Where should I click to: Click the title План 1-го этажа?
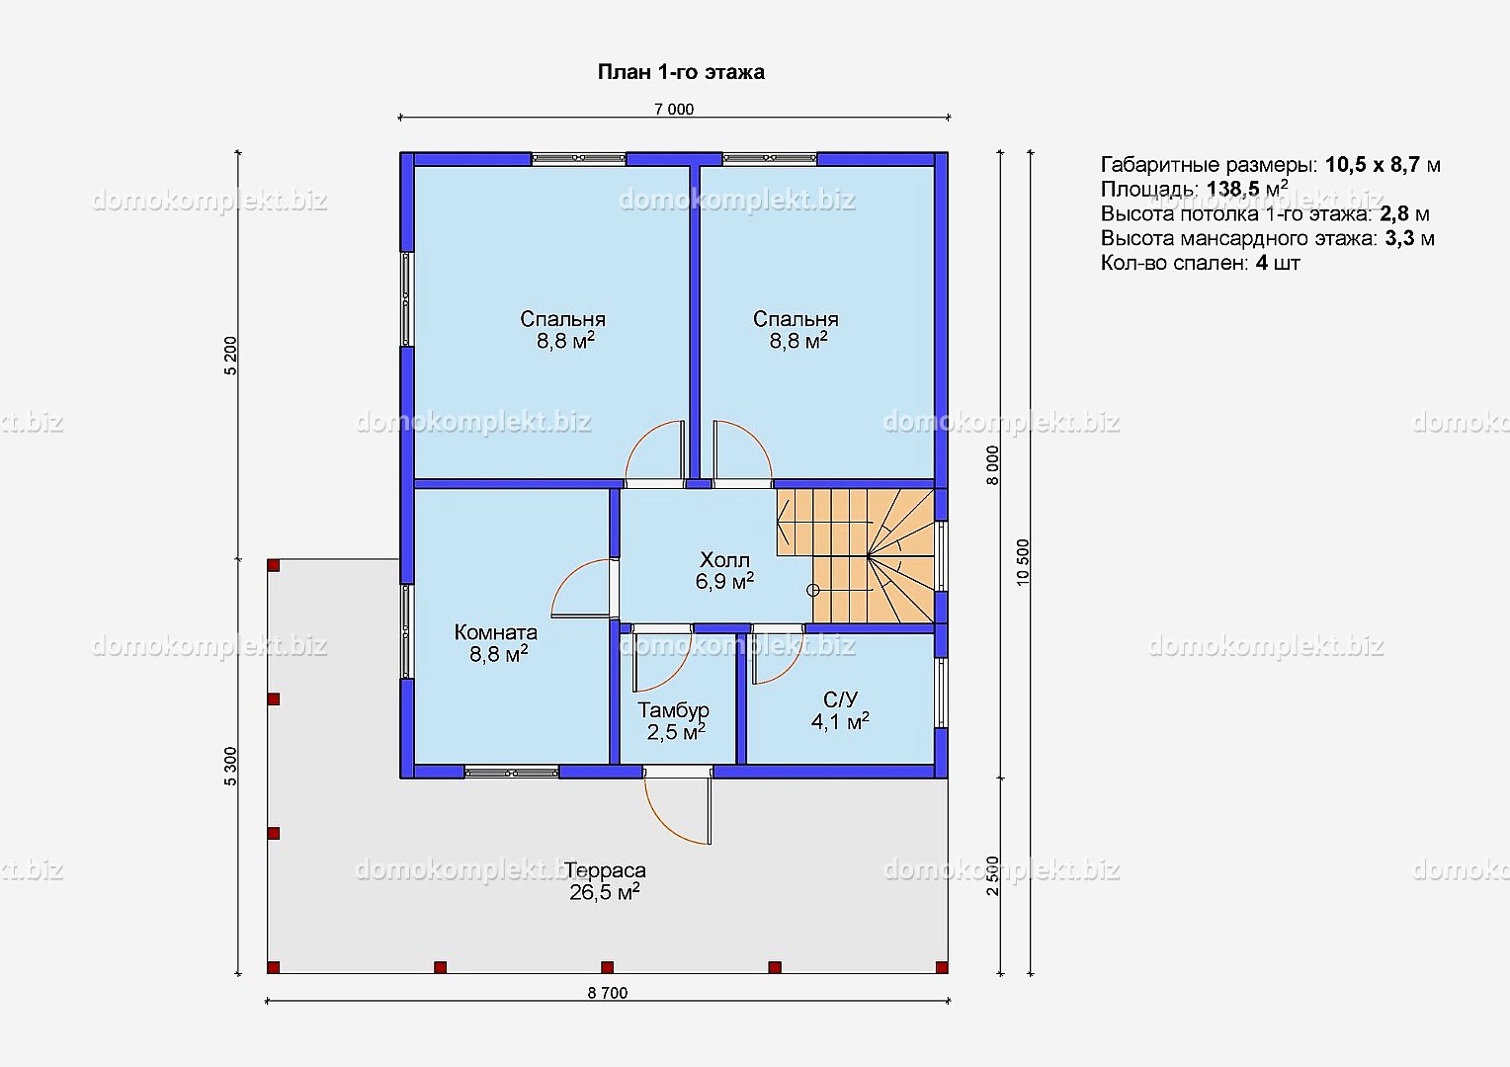681,72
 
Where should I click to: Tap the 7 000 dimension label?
673,109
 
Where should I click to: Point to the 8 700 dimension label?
608,992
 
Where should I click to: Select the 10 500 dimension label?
1023,562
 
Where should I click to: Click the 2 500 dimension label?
992,875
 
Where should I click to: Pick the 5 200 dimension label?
230,356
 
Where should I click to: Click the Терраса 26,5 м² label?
605,881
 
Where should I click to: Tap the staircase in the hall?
856,555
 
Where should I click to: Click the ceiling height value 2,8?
1394,213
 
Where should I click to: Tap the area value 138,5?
1233,190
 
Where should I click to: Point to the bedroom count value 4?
1261,262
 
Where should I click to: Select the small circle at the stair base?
813,591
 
